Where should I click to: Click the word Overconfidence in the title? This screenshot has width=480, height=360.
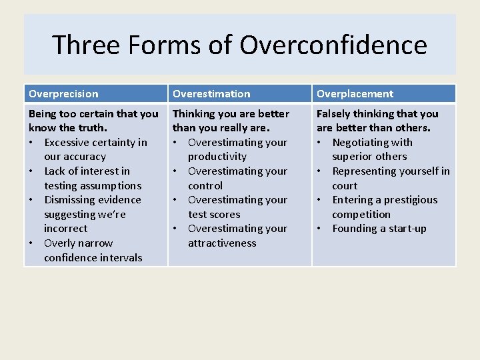[x=333, y=45]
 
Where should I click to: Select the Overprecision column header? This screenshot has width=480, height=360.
[x=63, y=94]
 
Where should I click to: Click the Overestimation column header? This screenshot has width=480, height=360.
[x=211, y=94]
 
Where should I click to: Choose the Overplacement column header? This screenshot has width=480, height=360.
[x=355, y=94]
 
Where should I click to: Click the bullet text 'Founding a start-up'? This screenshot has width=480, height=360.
[x=379, y=229]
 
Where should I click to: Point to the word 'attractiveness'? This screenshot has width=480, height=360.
[x=222, y=243]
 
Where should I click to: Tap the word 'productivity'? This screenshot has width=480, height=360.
[x=217, y=157]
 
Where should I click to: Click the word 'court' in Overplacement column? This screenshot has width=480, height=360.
[x=345, y=186]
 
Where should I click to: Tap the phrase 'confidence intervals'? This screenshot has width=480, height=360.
[x=93, y=258]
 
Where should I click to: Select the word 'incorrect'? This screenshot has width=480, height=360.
[x=65, y=229]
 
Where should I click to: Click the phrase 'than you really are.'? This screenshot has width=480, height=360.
[x=221, y=128]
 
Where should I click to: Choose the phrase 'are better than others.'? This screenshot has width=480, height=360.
[x=373, y=128]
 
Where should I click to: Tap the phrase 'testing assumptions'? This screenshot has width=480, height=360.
[x=93, y=186]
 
